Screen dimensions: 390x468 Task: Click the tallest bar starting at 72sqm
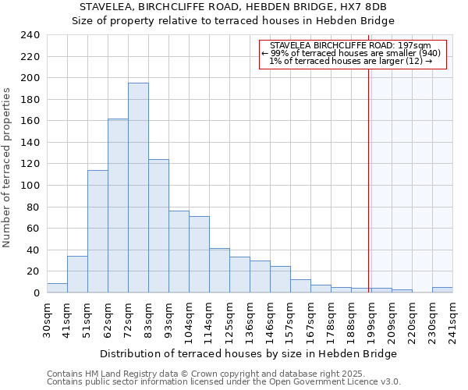pyautogui.click(x=138, y=187)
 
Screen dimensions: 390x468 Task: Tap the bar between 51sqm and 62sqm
pyautogui.click(x=97, y=231)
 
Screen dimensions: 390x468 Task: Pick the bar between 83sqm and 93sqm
pyautogui.click(x=158, y=225)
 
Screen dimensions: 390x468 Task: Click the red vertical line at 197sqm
pyautogui.click(x=368, y=172)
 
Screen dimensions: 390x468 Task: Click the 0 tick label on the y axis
pyautogui.click(x=36, y=292)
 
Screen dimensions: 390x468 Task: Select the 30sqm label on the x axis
pyautogui.click(x=47, y=319)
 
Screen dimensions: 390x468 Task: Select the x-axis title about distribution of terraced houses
pyautogui.click(x=249, y=353)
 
